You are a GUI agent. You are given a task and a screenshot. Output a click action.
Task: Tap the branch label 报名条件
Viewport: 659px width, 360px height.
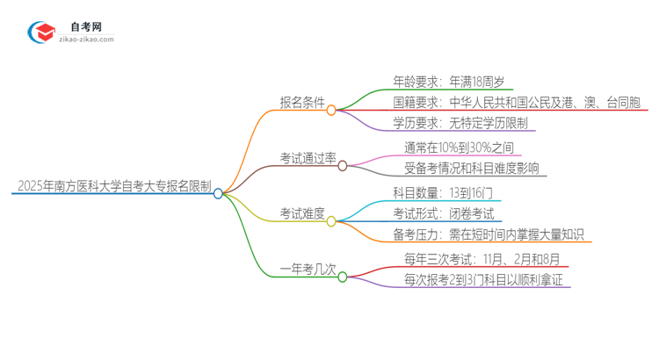tap(302, 103)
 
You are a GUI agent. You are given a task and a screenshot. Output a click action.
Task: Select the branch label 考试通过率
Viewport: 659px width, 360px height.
tap(308, 157)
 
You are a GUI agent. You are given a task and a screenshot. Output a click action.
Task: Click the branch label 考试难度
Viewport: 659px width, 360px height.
tap(302, 213)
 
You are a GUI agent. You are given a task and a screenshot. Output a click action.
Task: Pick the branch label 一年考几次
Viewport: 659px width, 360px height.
tap(308, 270)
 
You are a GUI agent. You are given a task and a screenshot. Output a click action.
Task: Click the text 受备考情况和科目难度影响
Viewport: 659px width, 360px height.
tap(472, 168)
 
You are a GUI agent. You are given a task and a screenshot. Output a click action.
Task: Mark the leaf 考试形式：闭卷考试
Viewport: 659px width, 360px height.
tap(444, 213)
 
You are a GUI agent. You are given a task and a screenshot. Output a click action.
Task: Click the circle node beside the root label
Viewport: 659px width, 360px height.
tap(219, 193)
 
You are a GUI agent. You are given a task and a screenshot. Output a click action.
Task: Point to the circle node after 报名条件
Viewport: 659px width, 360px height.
tap(332, 111)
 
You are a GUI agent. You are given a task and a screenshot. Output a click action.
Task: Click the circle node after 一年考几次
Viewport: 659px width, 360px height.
tap(343, 277)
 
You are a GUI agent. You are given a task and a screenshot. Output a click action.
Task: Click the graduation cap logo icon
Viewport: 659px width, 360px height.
tap(40, 32)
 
